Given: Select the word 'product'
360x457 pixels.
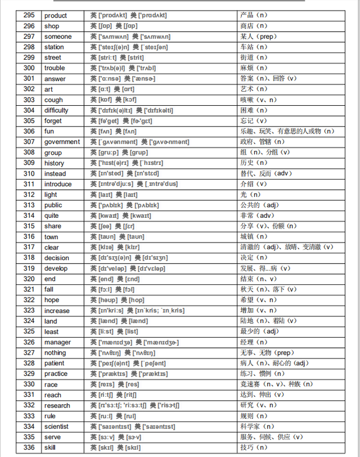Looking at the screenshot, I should (56, 15).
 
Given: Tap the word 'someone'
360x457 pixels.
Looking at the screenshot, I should (58, 37).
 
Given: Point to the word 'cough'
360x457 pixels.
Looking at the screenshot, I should (53, 100).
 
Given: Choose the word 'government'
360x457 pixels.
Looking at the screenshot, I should (62, 142).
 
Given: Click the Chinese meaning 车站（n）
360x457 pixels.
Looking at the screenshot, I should (254, 47).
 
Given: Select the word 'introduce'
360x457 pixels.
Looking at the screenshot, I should (58, 184).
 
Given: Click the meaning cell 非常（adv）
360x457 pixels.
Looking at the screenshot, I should (258, 216).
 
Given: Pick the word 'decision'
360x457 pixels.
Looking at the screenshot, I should (57, 258).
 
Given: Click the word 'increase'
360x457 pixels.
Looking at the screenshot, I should (57, 311).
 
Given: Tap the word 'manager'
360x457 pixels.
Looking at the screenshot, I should (57, 342).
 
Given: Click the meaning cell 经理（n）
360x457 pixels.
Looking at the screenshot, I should (254, 342).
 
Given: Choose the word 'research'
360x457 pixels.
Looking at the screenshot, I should (57, 405).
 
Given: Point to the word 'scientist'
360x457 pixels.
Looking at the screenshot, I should (57, 427).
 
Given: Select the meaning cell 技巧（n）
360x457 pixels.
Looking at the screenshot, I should (254, 447).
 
